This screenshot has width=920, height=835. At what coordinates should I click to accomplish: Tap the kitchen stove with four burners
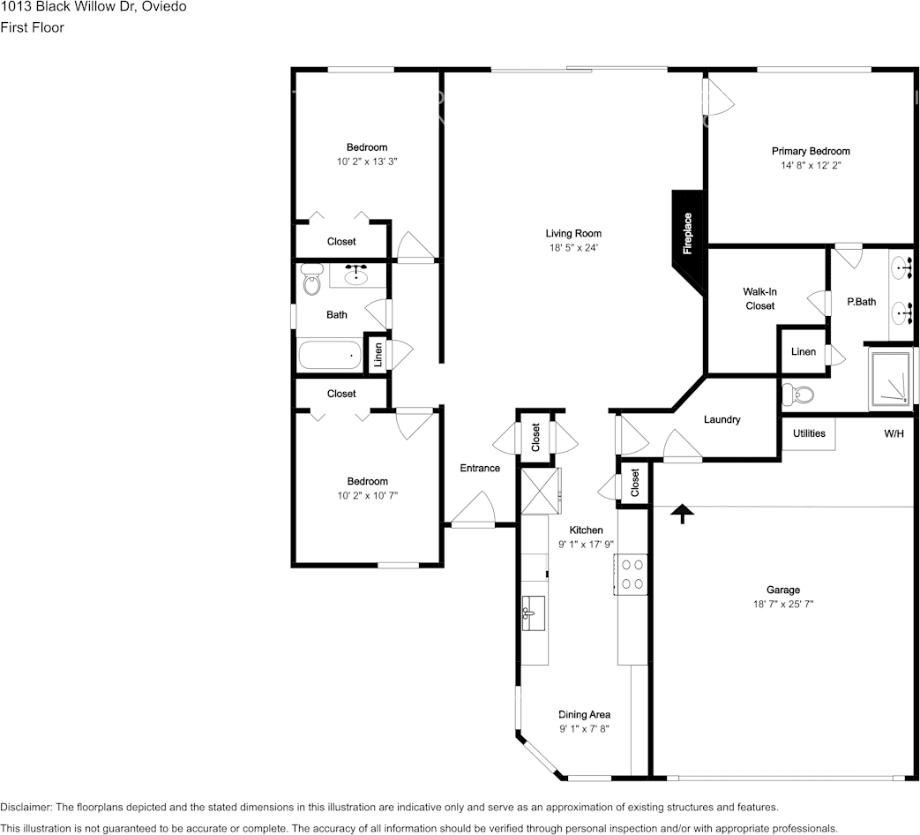tap(632, 575)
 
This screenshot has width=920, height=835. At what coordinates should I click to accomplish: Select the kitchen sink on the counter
tap(534, 613)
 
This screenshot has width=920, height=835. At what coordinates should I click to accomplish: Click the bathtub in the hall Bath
tap(330, 355)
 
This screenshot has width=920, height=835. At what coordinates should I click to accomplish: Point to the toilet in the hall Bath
tap(312, 279)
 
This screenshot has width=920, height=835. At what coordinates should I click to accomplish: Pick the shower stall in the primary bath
tap(892, 378)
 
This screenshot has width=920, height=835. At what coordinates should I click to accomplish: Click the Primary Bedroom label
tap(811, 151)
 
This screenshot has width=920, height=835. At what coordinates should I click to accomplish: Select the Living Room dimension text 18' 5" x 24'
tap(573, 248)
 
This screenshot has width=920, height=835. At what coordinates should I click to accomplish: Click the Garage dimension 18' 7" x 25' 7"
tap(783, 604)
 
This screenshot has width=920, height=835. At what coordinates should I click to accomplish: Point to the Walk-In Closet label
tap(759, 298)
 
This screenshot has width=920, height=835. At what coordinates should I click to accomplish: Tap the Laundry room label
tap(722, 419)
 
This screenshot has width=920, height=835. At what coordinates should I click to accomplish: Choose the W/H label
tap(894, 433)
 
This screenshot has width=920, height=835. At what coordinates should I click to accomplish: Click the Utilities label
tap(809, 433)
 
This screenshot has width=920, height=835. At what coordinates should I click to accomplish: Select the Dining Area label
tap(584, 715)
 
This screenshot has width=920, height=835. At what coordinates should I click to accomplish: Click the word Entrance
tap(480, 468)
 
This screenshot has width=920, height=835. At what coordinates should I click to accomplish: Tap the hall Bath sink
tap(356, 275)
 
